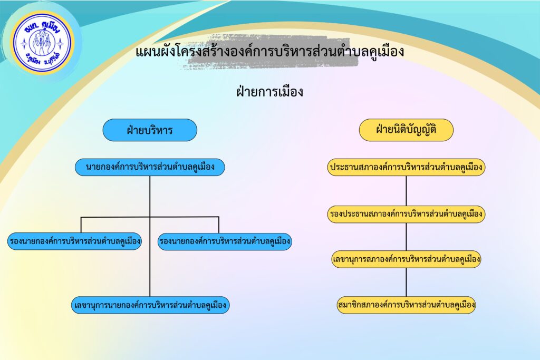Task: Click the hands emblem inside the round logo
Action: click(42, 44)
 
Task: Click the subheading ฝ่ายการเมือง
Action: click(269, 92)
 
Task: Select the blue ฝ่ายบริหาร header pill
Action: click(150, 130)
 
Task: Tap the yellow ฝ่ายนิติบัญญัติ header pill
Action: click(406, 130)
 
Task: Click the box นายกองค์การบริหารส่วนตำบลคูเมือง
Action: click(150, 167)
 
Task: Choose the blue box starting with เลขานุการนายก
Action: click(150, 305)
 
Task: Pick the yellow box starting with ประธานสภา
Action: click(406, 167)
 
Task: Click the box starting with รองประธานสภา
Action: click(406, 214)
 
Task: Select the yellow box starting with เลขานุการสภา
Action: click(406, 259)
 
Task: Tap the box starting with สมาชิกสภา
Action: click(406, 305)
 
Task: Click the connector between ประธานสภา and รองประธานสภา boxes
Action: click(406, 191)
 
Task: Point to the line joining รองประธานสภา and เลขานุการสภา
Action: click(406, 237)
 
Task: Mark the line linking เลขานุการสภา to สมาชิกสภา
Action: click(406, 282)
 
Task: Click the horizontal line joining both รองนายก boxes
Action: click(150, 217)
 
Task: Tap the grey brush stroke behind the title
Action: click(268, 52)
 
